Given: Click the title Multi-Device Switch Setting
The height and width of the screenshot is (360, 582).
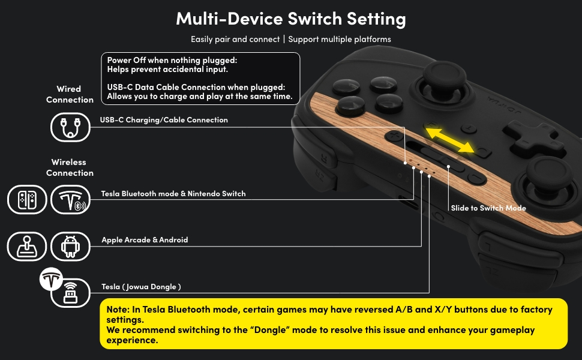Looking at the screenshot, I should (x=290, y=19).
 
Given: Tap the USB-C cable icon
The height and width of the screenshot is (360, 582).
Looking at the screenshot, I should (x=70, y=127).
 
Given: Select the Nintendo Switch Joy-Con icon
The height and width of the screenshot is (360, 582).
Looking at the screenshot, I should (x=27, y=200).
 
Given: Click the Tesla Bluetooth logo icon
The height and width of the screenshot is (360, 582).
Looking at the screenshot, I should (x=70, y=200).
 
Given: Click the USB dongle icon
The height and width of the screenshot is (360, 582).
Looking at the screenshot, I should (x=70, y=293).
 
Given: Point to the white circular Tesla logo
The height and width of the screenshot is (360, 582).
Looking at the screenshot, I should (x=52, y=279).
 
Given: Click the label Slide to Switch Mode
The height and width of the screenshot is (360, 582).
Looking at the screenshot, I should (x=488, y=208).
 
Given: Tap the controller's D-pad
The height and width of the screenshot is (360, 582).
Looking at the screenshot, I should (x=528, y=134).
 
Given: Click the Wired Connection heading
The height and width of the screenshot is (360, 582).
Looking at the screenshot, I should (x=70, y=94).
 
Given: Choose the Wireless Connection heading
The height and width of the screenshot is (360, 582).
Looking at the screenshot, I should (x=70, y=167).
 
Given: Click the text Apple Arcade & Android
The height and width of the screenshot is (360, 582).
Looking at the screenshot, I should (x=145, y=240).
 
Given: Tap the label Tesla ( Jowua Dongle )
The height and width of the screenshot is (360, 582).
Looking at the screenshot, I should (x=141, y=287).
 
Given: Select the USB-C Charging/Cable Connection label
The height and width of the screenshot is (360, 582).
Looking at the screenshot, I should (x=164, y=120).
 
